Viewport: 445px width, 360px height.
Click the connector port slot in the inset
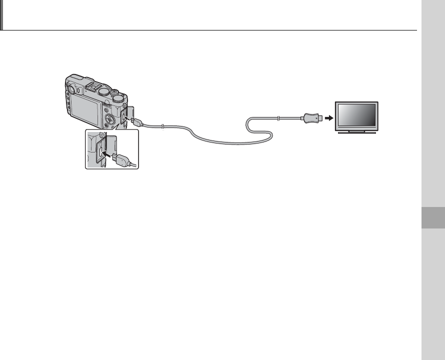coord(101,149)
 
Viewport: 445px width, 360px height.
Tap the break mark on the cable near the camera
coord(162,126)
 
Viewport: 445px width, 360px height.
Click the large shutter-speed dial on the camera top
coord(103,92)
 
